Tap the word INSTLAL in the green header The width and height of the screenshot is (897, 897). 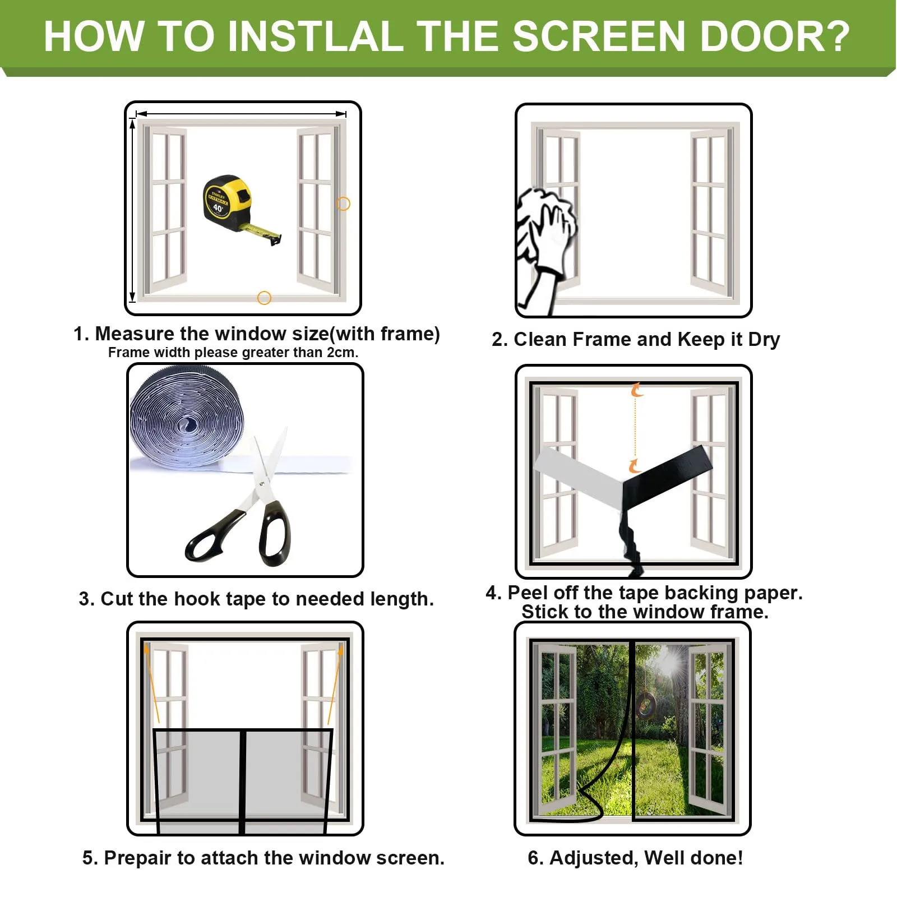coord(316,36)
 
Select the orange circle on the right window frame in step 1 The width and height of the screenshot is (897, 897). coord(343,204)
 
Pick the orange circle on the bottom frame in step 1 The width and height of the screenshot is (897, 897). coord(264,298)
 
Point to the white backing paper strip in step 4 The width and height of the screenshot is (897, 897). coord(577,477)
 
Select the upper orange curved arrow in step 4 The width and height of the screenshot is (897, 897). coord(636,390)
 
